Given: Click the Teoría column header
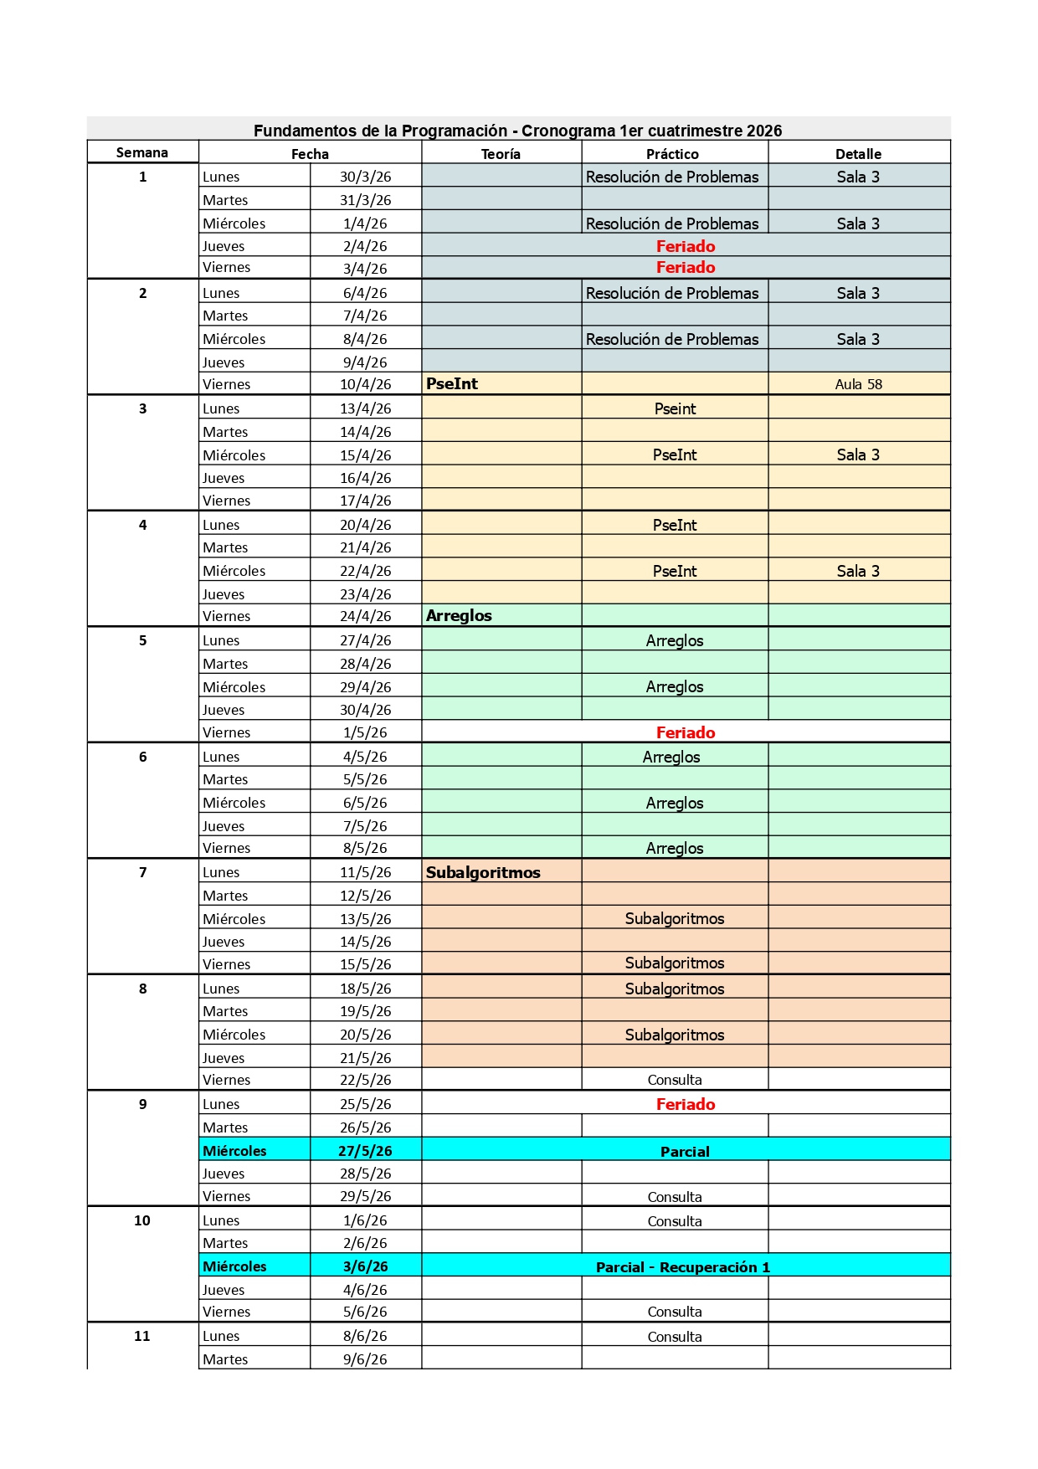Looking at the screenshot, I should [x=501, y=154].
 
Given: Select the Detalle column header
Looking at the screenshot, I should [x=858, y=154].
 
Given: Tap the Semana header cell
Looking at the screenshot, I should [x=142, y=152].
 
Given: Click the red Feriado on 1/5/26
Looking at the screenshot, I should [x=686, y=732].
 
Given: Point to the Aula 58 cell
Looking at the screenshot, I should [x=858, y=384].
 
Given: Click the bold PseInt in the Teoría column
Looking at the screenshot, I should [x=452, y=383].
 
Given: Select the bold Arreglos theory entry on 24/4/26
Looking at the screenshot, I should [x=459, y=615].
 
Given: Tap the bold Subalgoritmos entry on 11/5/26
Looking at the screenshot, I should [x=483, y=872].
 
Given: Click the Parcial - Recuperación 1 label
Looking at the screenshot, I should [x=682, y=1266].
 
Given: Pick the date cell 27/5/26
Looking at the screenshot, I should [x=365, y=1151].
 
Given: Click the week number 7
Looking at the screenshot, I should [x=142, y=872].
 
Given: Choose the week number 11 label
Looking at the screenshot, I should [x=142, y=1336].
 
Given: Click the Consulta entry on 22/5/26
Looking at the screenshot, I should [x=675, y=1080].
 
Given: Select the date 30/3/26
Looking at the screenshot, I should [x=365, y=177].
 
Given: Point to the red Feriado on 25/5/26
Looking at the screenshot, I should [x=686, y=1104].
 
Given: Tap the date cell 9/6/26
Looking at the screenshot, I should [x=365, y=1359].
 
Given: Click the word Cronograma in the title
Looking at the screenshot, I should [x=568, y=131].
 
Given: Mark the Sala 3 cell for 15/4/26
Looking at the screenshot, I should [x=858, y=455].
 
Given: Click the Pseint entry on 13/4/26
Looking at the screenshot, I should [x=675, y=408].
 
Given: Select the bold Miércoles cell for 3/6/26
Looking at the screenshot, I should [x=234, y=1266].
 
